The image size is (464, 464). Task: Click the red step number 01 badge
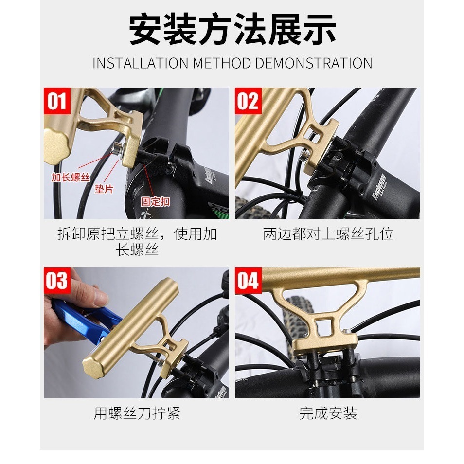56,101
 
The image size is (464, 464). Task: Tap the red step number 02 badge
248,101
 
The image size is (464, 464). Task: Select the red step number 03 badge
56,281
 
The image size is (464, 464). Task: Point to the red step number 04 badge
248,281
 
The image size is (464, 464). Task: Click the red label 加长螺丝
71,177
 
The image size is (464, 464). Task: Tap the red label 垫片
103,189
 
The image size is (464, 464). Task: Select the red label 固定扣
155,201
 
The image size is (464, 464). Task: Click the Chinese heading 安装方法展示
232,30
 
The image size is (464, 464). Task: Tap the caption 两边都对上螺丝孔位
328,234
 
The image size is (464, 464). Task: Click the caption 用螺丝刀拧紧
137,413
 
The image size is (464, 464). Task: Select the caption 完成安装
328,413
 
